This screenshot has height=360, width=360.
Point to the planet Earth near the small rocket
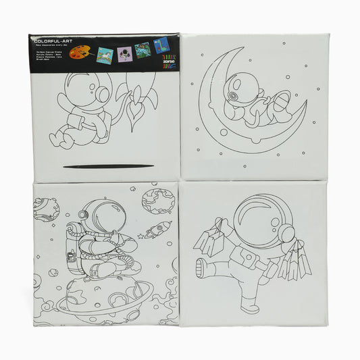[x=157, y=201]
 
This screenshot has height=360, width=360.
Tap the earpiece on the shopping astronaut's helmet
[x=288, y=232]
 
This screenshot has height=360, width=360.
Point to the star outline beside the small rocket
[x=140, y=236]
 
